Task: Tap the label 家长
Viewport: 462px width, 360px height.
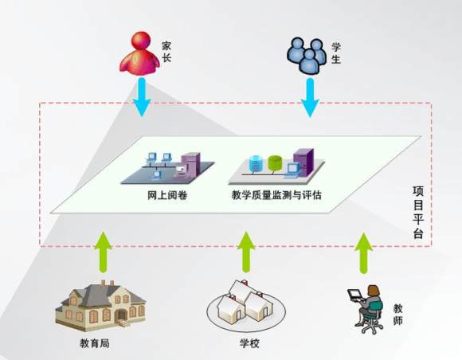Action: tap(166, 52)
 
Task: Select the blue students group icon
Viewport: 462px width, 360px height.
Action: tap(307, 56)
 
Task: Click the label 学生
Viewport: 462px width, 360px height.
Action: tap(336, 53)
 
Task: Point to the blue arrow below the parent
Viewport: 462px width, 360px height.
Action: tap(142, 97)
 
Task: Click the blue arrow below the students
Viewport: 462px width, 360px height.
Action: tap(310, 98)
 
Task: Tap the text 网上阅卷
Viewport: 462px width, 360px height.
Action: tap(167, 195)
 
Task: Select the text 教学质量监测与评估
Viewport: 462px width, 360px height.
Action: tap(276, 195)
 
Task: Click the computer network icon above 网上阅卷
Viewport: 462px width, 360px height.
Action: tap(168, 167)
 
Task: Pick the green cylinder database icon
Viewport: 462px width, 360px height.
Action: tap(275, 163)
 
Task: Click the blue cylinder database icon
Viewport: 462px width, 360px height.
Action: tap(256, 163)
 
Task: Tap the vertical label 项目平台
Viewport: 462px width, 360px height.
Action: tap(418, 212)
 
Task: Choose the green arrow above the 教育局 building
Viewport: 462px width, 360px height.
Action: tap(103, 252)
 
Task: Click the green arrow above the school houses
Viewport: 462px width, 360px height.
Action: tap(246, 252)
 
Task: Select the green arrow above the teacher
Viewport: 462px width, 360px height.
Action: tap(364, 252)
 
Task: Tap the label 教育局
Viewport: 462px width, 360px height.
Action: tap(95, 343)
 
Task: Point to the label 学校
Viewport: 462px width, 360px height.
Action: tap(249, 343)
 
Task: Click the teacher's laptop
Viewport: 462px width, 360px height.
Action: tap(355, 295)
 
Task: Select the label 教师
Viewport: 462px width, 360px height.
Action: tap(397, 315)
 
